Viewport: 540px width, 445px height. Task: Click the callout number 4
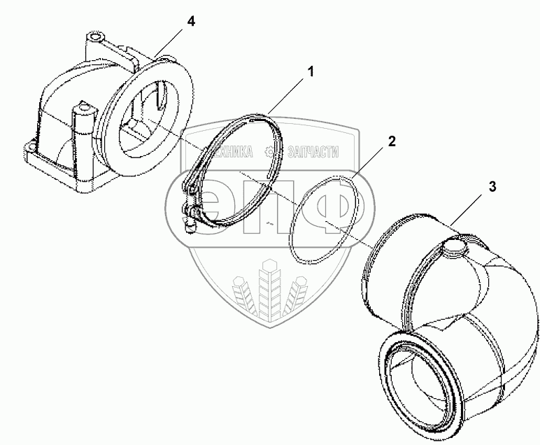(190, 22)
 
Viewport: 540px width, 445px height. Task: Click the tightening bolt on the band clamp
(190, 218)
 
